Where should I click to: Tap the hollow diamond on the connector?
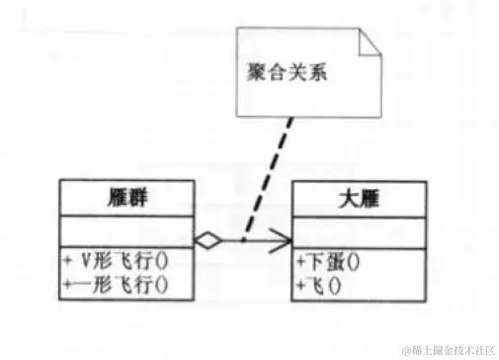click(x=207, y=239)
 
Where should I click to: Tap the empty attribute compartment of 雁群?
click(x=125, y=229)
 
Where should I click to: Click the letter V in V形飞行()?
click(x=86, y=264)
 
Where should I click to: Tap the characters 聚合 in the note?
click(x=260, y=73)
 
